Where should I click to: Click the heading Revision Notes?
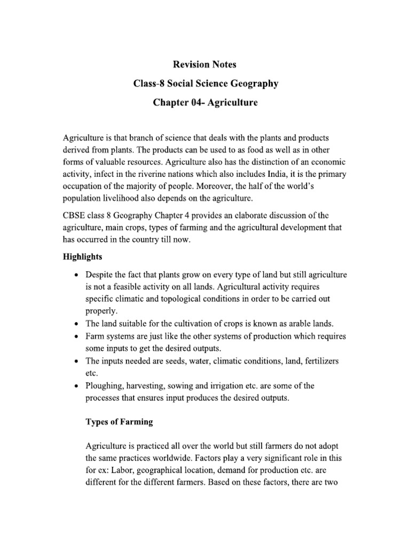[204, 65]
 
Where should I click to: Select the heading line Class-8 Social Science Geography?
[205, 83]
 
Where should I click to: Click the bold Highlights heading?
[83, 257]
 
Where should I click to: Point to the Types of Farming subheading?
[120, 421]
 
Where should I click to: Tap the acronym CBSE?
[75, 215]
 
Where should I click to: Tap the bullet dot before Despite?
[77, 275]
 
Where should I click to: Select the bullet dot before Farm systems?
[77, 337]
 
